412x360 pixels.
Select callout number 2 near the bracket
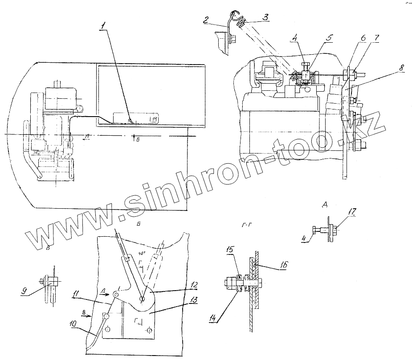[x=206, y=20]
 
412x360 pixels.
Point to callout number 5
[x=328, y=38]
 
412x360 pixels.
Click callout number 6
[x=363, y=39]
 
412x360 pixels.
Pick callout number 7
[x=377, y=39]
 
